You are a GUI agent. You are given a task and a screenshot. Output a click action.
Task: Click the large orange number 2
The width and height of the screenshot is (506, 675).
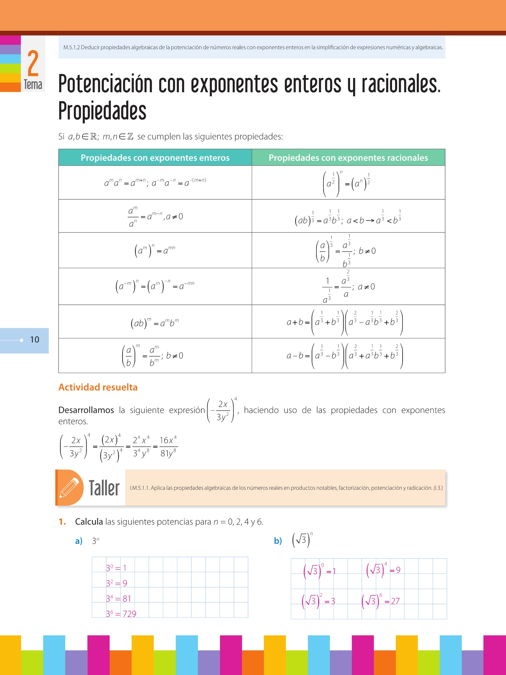pyautogui.click(x=33, y=63)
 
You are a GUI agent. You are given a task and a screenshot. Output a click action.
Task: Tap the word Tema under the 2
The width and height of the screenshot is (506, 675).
pyautogui.click(x=33, y=85)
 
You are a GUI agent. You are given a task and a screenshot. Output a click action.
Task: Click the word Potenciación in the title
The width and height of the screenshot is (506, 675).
pyautogui.click(x=105, y=84)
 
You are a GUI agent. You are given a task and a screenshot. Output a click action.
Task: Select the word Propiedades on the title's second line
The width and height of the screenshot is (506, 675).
pyautogui.click(x=102, y=111)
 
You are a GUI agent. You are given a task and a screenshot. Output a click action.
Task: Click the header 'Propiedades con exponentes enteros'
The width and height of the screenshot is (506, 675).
pyautogui.click(x=155, y=158)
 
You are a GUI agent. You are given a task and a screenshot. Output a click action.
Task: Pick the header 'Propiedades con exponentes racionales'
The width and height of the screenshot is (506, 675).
pyautogui.click(x=348, y=158)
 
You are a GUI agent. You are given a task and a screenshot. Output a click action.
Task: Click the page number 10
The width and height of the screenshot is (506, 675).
pyautogui.click(x=34, y=340)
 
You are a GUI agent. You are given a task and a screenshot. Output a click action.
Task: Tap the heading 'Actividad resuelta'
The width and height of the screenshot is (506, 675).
pyautogui.click(x=98, y=387)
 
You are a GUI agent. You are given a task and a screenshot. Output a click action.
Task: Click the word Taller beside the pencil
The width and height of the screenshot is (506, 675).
pyautogui.click(x=104, y=488)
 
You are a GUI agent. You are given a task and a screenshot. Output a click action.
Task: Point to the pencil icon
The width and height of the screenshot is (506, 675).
pyautogui.click(x=70, y=487)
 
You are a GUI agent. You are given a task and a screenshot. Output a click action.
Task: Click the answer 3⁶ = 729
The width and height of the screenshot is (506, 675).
pyautogui.click(x=121, y=614)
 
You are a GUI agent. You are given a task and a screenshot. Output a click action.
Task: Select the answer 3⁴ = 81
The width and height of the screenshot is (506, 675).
pyautogui.click(x=118, y=598)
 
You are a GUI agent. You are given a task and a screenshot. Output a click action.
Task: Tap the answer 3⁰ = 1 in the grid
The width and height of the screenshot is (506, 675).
pyautogui.click(x=116, y=568)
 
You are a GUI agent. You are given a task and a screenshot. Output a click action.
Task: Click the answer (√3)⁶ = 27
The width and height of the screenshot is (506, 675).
pyautogui.click(x=381, y=601)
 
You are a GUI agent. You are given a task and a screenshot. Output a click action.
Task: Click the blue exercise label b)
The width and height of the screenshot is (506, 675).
pyautogui.click(x=278, y=541)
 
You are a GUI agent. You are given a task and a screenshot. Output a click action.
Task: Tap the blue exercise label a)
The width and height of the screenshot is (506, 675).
pyautogui.click(x=79, y=541)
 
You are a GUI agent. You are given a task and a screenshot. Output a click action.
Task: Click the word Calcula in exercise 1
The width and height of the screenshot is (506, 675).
pyautogui.click(x=89, y=522)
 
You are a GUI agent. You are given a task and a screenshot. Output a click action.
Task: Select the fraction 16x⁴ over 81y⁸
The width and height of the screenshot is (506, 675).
pyautogui.click(x=168, y=447)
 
